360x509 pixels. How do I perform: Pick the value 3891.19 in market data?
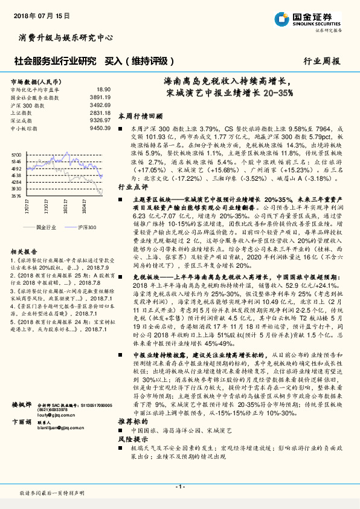click(100, 97)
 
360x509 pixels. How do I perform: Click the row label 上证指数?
click(22, 112)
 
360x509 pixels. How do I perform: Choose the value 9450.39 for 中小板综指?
click(100, 128)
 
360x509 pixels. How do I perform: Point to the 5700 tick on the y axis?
click(16, 155)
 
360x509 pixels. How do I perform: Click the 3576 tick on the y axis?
click(16, 196)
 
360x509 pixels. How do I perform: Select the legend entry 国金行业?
click(46, 226)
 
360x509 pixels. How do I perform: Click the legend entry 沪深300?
click(84, 226)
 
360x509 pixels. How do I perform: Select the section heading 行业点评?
click(132, 187)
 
